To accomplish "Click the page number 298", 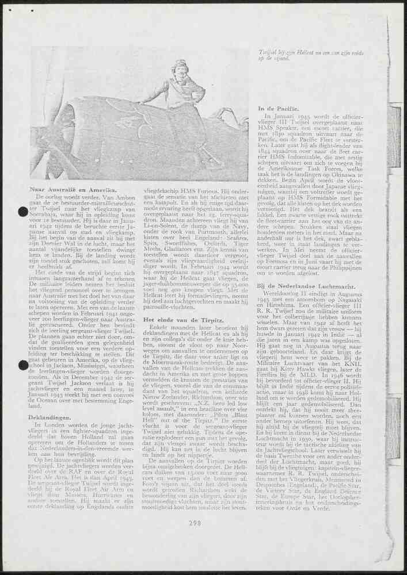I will [x=195, y=539].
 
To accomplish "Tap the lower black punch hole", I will [x=24, y=365].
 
